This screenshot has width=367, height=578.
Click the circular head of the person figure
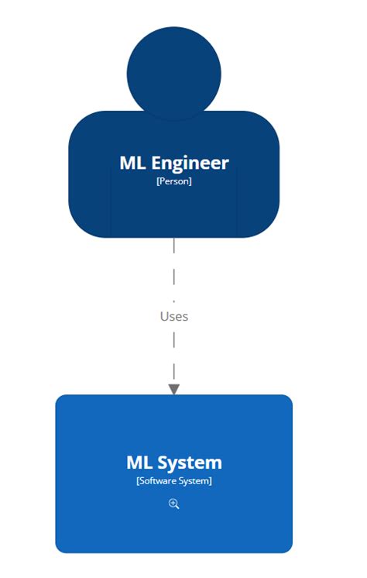pyautogui.click(x=173, y=74)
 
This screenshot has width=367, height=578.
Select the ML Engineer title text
pyautogui.click(x=173, y=163)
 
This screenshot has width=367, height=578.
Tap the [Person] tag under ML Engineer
pyautogui.click(x=173, y=181)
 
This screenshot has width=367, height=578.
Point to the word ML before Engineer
pyautogui.click(x=132, y=163)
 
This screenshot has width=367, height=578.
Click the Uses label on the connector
pyautogui.click(x=173, y=316)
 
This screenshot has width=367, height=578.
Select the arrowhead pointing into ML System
pyautogui.click(x=173, y=389)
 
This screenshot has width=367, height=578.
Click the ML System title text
pyautogui.click(x=173, y=463)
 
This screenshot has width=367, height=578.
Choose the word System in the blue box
pyautogui.click(x=189, y=463)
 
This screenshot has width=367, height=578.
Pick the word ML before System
pyautogui.click(x=139, y=463)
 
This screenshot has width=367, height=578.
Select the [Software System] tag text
pyautogui.click(x=173, y=481)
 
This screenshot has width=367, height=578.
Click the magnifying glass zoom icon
pyautogui.click(x=173, y=504)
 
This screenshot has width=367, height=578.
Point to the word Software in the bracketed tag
pyautogui.click(x=159, y=481)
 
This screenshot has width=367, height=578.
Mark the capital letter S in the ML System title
pyautogui.click(x=163, y=463)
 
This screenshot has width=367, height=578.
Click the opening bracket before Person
pyautogui.click(x=157, y=181)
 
